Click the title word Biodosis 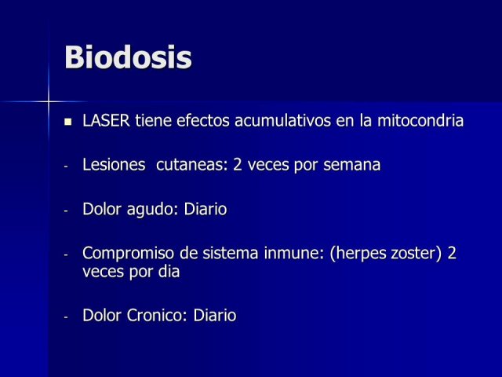point(128,57)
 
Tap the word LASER point(107,121)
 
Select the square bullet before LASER point(68,122)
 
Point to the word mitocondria point(420,121)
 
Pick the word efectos point(203,121)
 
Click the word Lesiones point(114,165)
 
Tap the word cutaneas point(191,166)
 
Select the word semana point(352,166)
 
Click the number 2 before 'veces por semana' point(238,165)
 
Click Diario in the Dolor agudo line point(206,209)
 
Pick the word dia point(169,272)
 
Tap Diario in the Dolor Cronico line point(215,315)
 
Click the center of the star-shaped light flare point(49,102)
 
